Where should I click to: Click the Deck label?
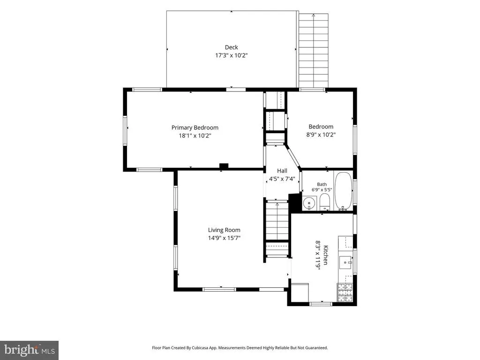232,47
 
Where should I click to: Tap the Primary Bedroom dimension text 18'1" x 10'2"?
195,135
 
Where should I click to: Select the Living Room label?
224,230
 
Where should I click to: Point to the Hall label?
282,171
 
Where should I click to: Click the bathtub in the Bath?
343,191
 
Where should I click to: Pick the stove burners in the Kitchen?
345,292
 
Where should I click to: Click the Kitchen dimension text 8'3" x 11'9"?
318,255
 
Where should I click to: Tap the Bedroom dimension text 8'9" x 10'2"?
321,135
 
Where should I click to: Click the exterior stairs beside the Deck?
314,51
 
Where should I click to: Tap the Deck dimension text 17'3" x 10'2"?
232,55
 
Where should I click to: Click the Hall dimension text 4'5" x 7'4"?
282,179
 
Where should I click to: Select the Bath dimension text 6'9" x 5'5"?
322,190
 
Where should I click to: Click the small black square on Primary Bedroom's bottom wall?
224,166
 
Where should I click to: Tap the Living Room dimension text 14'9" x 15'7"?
224,238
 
